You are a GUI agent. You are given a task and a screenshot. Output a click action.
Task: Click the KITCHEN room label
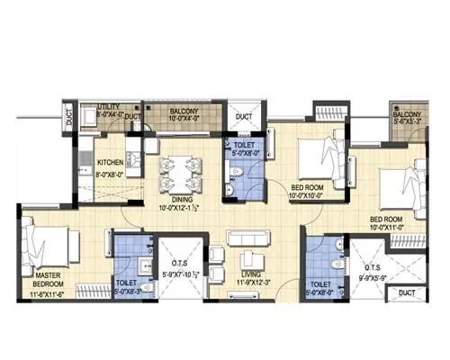click(110, 163)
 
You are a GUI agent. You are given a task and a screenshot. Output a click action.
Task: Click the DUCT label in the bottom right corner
click(407, 293)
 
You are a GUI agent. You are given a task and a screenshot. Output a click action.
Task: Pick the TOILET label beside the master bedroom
click(127, 282)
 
